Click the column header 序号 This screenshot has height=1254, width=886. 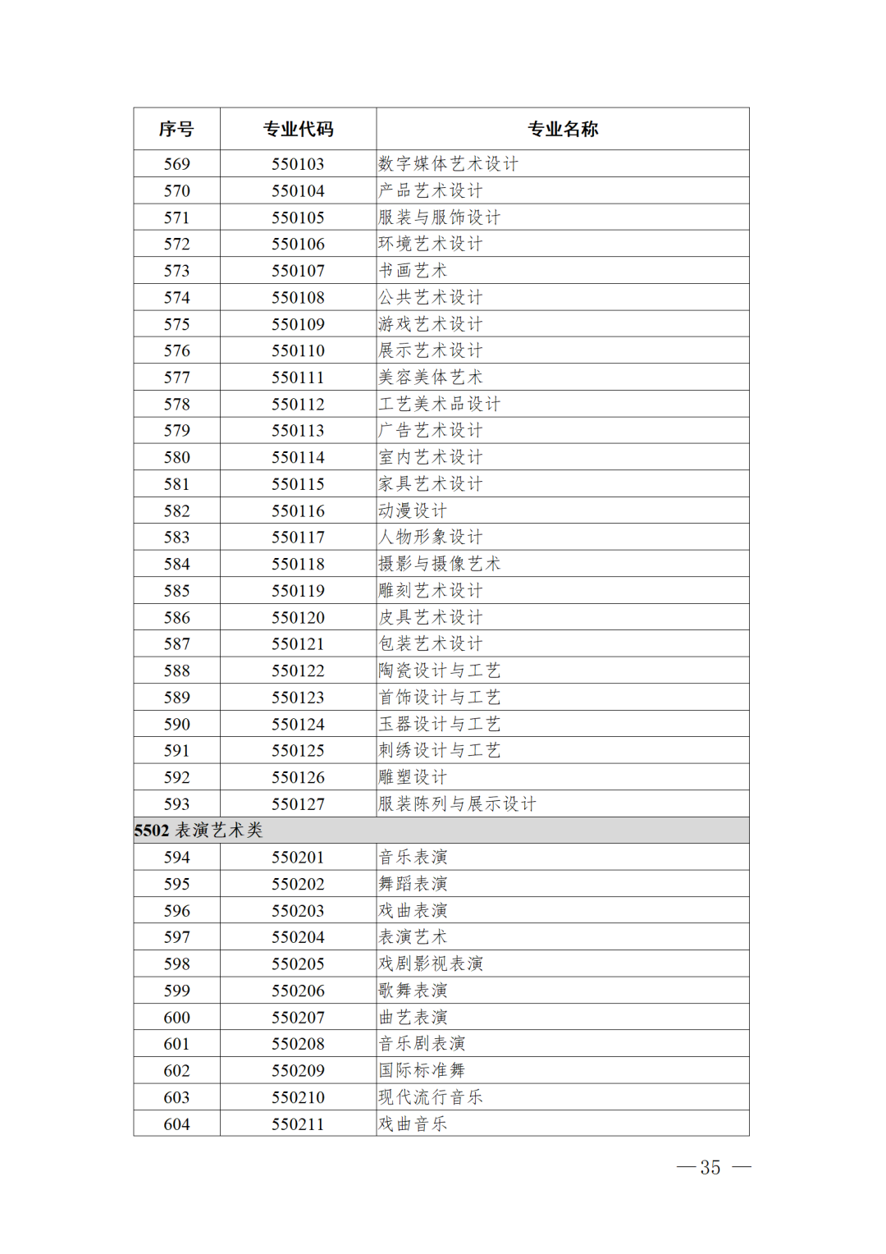coord(176,129)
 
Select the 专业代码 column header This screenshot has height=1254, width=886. coord(298,129)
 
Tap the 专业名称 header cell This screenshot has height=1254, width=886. coord(562,129)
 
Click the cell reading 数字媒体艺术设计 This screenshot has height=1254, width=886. coord(448,164)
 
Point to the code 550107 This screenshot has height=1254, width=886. coord(298,271)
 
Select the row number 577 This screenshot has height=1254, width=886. coord(176,378)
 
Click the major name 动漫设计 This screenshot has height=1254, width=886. coord(413,510)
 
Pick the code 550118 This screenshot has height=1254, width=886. coord(298,564)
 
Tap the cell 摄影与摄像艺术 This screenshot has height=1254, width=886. coord(439,564)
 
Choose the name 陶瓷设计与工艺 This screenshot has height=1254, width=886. coord(439,670)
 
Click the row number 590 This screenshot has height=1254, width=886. coord(176,724)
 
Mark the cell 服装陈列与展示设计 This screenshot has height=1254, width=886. coord(457,804)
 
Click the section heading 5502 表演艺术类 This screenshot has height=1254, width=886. coord(199,831)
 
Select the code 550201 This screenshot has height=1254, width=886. coord(298,858)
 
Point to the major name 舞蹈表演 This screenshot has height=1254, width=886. coord(413,884)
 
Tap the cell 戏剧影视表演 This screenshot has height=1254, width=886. coord(431,963)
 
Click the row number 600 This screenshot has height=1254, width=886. coord(176,1018)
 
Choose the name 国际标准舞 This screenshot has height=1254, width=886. coord(422,1070)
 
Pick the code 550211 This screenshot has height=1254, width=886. coord(298,1124)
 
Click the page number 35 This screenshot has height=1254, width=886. coord(710,1167)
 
